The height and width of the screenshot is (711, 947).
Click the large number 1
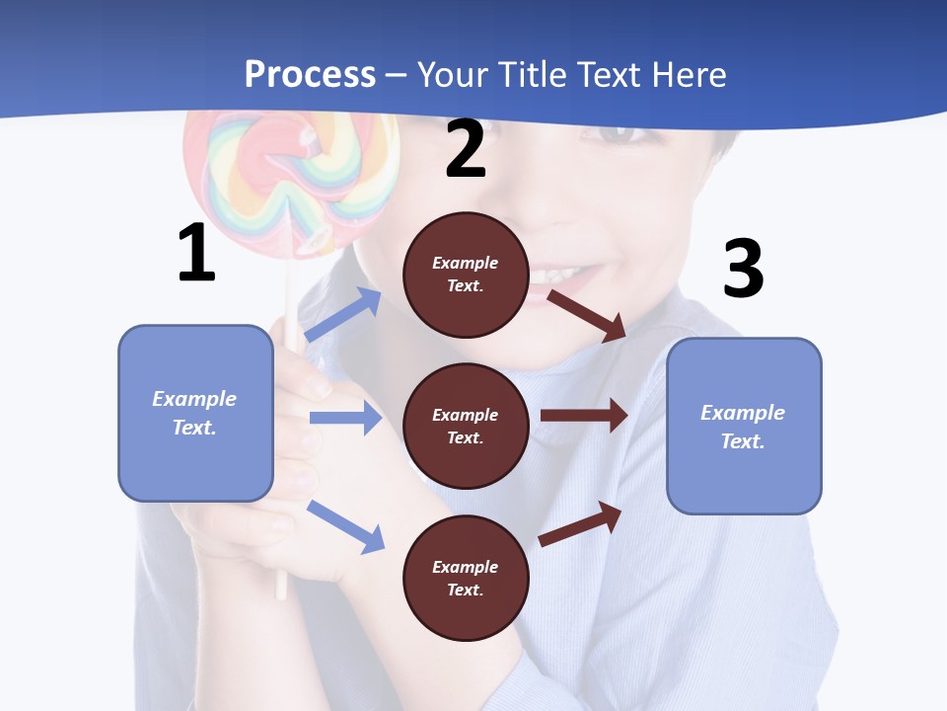click(196, 253)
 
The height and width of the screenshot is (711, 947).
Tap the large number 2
click(466, 149)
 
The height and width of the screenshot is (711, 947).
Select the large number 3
click(743, 269)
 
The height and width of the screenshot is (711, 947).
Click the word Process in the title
click(310, 74)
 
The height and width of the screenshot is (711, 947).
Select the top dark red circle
click(466, 275)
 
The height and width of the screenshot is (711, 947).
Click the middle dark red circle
click(466, 426)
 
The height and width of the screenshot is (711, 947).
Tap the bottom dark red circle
click(466, 578)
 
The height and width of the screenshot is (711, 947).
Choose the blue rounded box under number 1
click(195, 413)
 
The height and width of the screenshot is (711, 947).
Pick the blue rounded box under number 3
click(744, 426)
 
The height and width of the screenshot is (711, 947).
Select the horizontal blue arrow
click(345, 418)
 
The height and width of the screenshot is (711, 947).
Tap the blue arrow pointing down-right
click(345, 525)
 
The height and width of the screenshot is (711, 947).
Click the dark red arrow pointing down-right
click(587, 314)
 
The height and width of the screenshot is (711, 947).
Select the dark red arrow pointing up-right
click(580, 523)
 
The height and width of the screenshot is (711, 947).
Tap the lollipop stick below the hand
click(281, 583)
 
